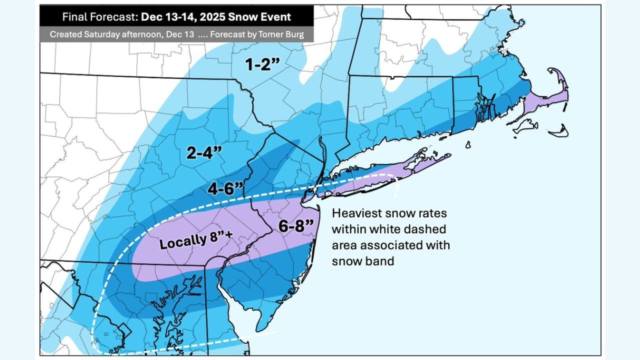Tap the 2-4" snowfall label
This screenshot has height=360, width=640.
pyautogui.click(x=204, y=153)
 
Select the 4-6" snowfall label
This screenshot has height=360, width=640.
pyautogui.click(x=226, y=189)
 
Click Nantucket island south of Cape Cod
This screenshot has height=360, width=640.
pyautogui.click(x=559, y=133)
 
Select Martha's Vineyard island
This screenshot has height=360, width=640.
pyautogui.click(x=525, y=128)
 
